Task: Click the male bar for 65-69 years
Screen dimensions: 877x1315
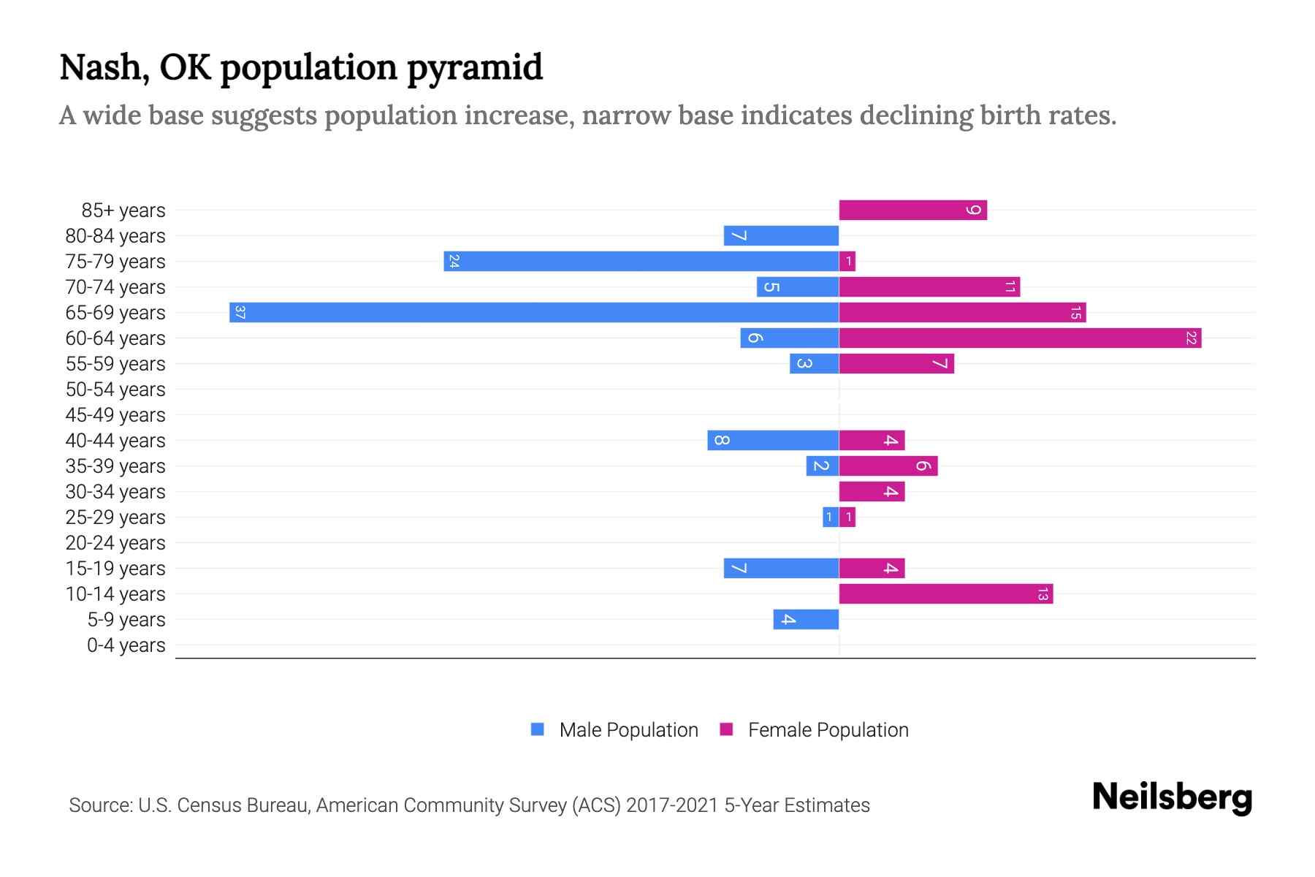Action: tap(533, 313)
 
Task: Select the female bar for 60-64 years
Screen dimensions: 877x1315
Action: tap(1020, 338)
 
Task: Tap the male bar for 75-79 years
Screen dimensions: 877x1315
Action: tap(641, 262)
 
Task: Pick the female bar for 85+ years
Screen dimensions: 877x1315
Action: tap(912, 210)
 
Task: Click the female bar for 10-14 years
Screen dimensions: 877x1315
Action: tap(945, 594)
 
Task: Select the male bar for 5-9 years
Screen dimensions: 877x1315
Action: tap(806, 620)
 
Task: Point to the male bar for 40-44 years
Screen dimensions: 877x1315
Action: tap(773, 441)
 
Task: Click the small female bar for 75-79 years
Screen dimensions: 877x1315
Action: tap(847, 262)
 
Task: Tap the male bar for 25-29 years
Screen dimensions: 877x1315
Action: tap(831, 517)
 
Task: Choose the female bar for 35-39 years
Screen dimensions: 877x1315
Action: tap(888, 466)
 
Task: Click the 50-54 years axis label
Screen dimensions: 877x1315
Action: tap(115, 390)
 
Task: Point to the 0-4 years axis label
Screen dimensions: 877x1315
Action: tap(126, 645)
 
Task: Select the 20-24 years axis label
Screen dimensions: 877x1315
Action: tap(115, 543)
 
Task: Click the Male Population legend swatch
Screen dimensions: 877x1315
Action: tap(538, 729)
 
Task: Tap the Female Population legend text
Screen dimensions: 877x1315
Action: tap(828, 730)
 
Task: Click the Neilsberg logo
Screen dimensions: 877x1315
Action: tap(1172, 797)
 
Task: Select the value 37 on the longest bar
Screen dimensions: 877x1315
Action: tap(240, 313)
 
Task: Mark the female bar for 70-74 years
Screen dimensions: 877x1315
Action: tap(929, 287)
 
